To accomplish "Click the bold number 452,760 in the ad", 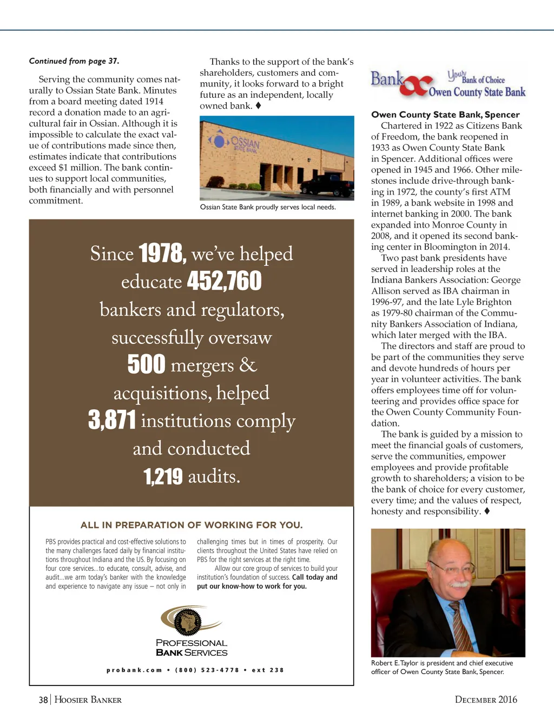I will pos(224,281).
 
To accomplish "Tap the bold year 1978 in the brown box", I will pos(162,254).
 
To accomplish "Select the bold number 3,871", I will pos(112,420).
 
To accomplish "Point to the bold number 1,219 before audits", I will pos(163,477).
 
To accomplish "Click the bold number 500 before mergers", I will pos(146,364).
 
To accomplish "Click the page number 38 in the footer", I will pos(43,700).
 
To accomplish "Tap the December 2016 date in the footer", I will pos(486,700).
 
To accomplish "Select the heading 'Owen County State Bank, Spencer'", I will pos(445,115).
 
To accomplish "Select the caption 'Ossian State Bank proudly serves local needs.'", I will pos(268,207).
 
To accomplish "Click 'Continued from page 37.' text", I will pos(74,61).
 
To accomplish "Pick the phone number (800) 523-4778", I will pos(207,670).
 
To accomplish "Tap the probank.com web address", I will pos(134,670).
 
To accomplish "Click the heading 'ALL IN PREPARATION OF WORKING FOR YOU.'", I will pos(192,525).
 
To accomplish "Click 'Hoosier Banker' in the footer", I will pos(88,700).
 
